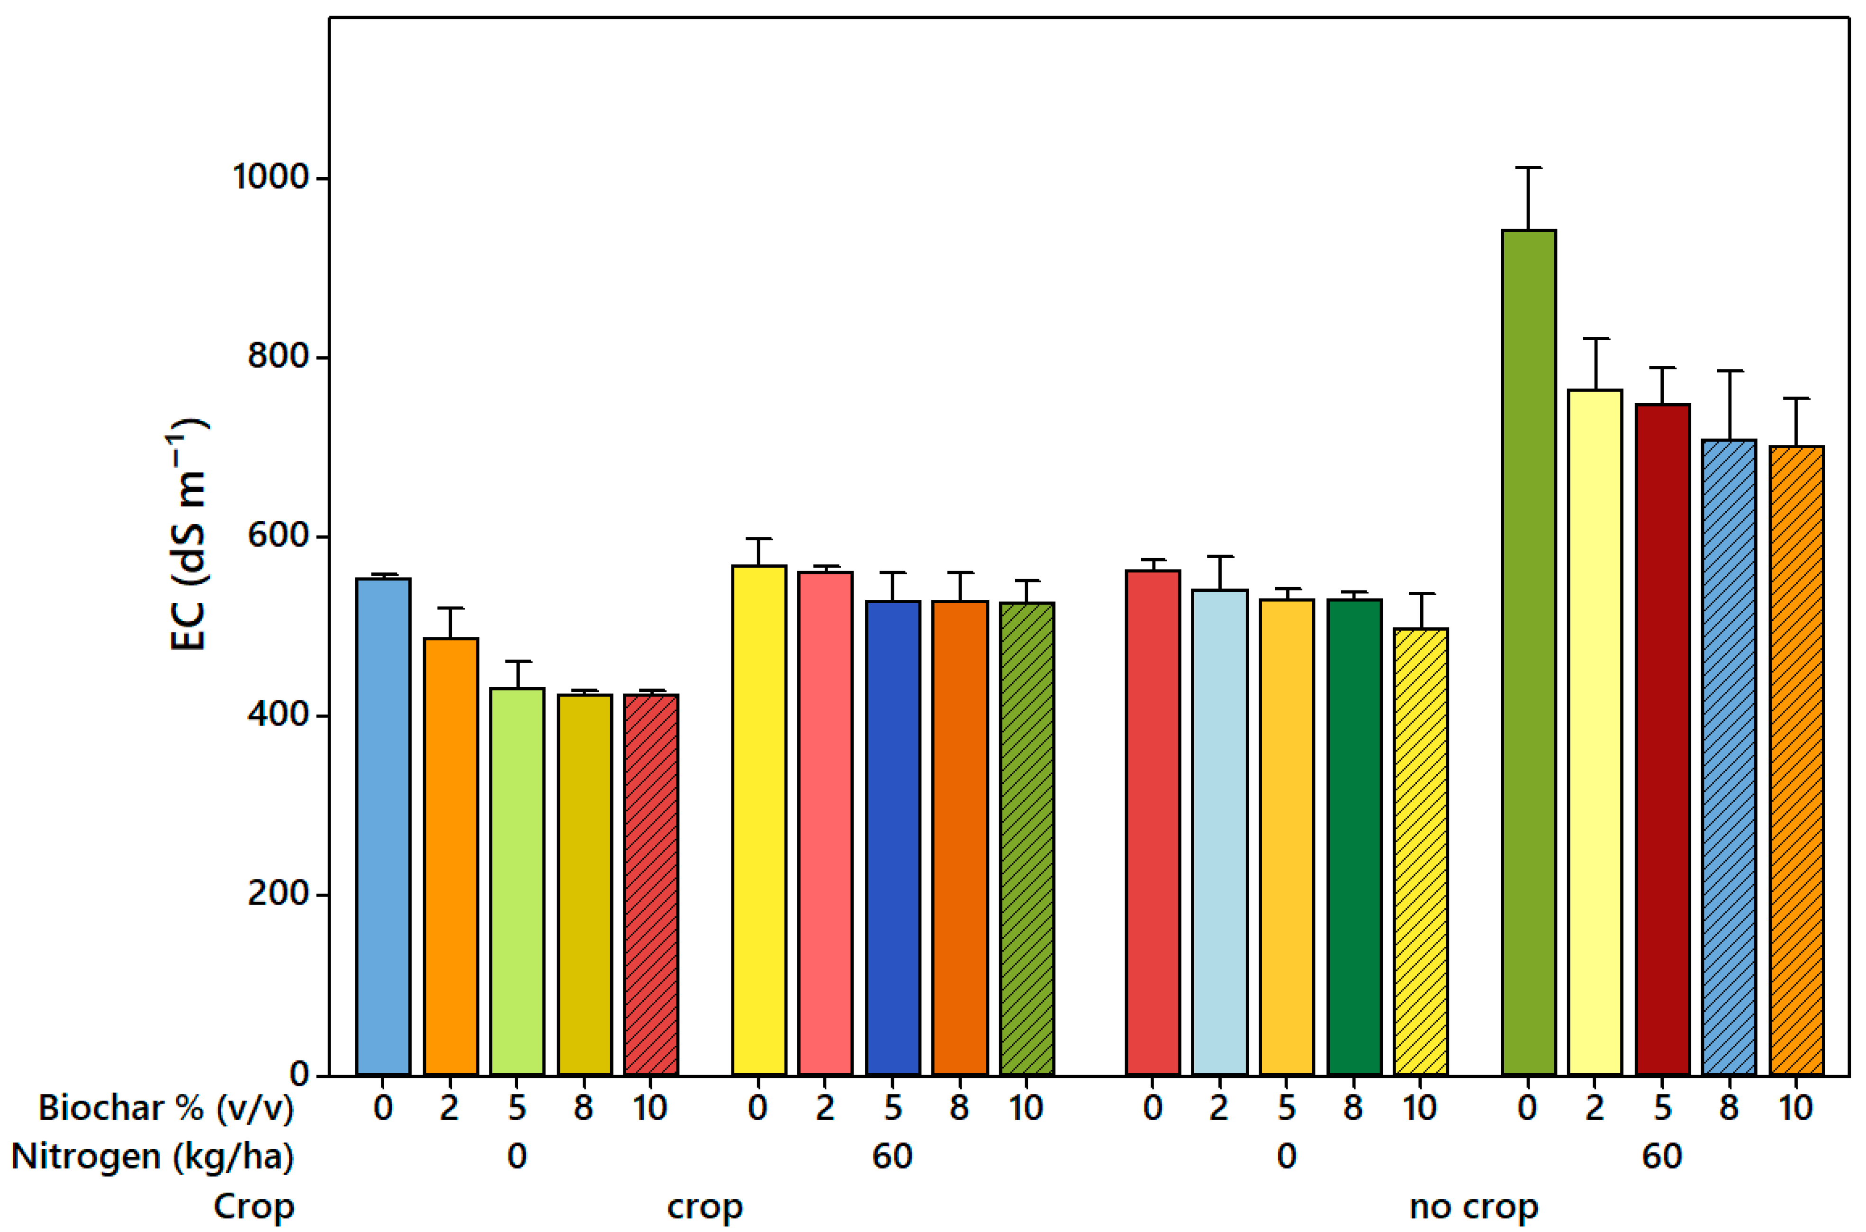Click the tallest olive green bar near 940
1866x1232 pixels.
(1528, 652)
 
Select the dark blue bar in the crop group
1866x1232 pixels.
(893, 837)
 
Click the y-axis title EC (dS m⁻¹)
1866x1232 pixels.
(189, 534)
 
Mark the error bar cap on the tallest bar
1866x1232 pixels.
(1528, 167)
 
